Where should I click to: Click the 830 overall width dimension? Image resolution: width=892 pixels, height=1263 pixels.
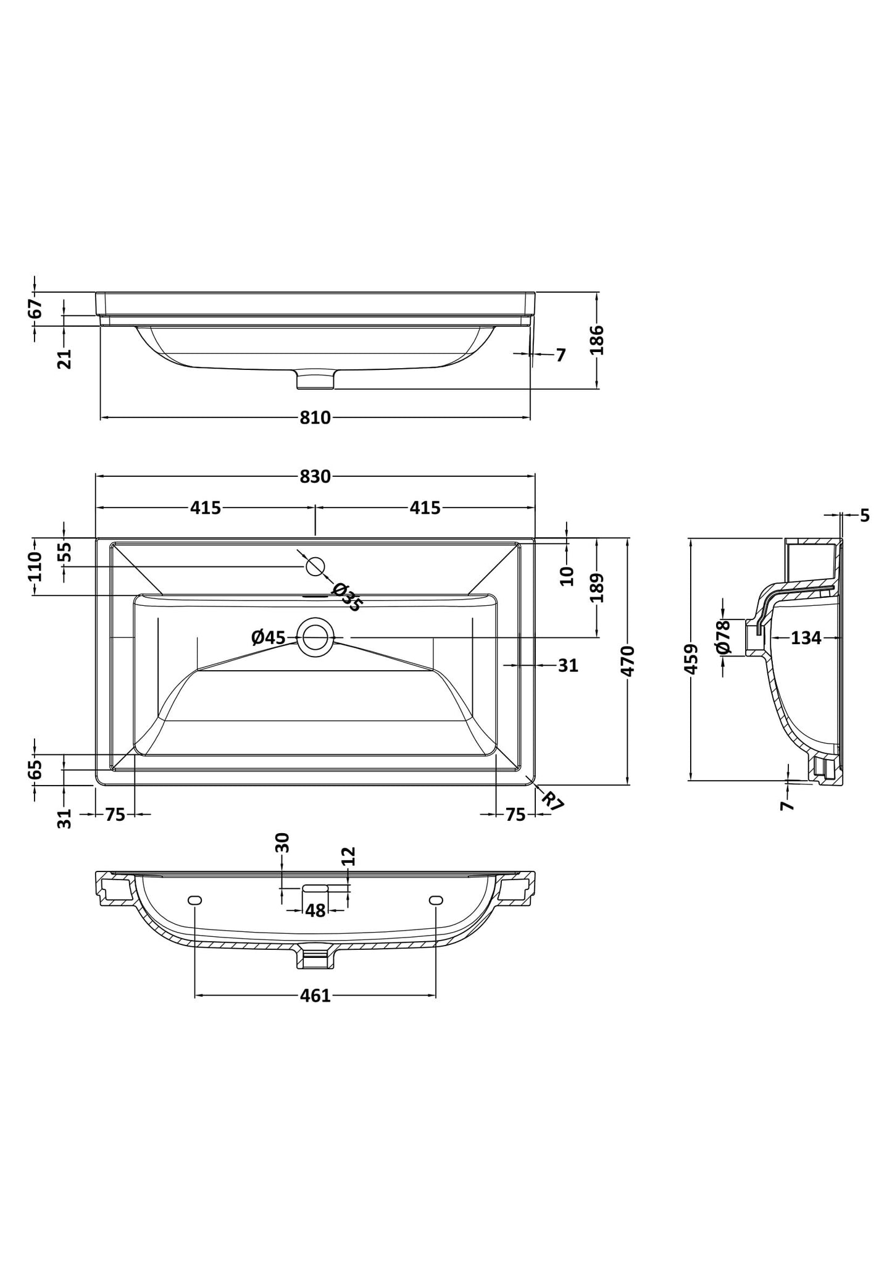(315, 476)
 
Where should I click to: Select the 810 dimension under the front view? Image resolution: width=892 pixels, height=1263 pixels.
(315, 418)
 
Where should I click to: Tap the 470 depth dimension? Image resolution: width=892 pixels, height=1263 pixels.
(628, 661)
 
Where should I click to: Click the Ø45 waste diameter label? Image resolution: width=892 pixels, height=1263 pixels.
(269, 637)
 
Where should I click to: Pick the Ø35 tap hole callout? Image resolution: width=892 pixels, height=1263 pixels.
(346, 597)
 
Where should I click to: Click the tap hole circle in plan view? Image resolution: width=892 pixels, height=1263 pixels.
(315, 566)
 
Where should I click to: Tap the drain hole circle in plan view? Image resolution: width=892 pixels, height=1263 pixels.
(315, 637)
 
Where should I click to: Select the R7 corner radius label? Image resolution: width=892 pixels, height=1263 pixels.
(552, 801)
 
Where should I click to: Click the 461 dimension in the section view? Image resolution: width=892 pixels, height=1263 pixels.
(315, 996)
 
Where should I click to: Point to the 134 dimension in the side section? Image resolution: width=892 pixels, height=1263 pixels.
(806, 638)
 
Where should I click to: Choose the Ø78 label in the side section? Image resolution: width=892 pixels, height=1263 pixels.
(723, 637)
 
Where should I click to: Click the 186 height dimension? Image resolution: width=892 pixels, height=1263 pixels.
(597, 340)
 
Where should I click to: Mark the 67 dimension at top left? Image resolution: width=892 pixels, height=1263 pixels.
(36, 308)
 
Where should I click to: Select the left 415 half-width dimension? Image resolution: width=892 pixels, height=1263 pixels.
(206, 508)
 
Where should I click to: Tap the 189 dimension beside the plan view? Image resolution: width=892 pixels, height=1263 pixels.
(597, 587)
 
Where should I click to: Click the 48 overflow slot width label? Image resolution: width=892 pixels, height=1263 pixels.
(315, 911)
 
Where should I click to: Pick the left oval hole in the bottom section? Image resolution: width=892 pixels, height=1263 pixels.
(194, 900)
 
